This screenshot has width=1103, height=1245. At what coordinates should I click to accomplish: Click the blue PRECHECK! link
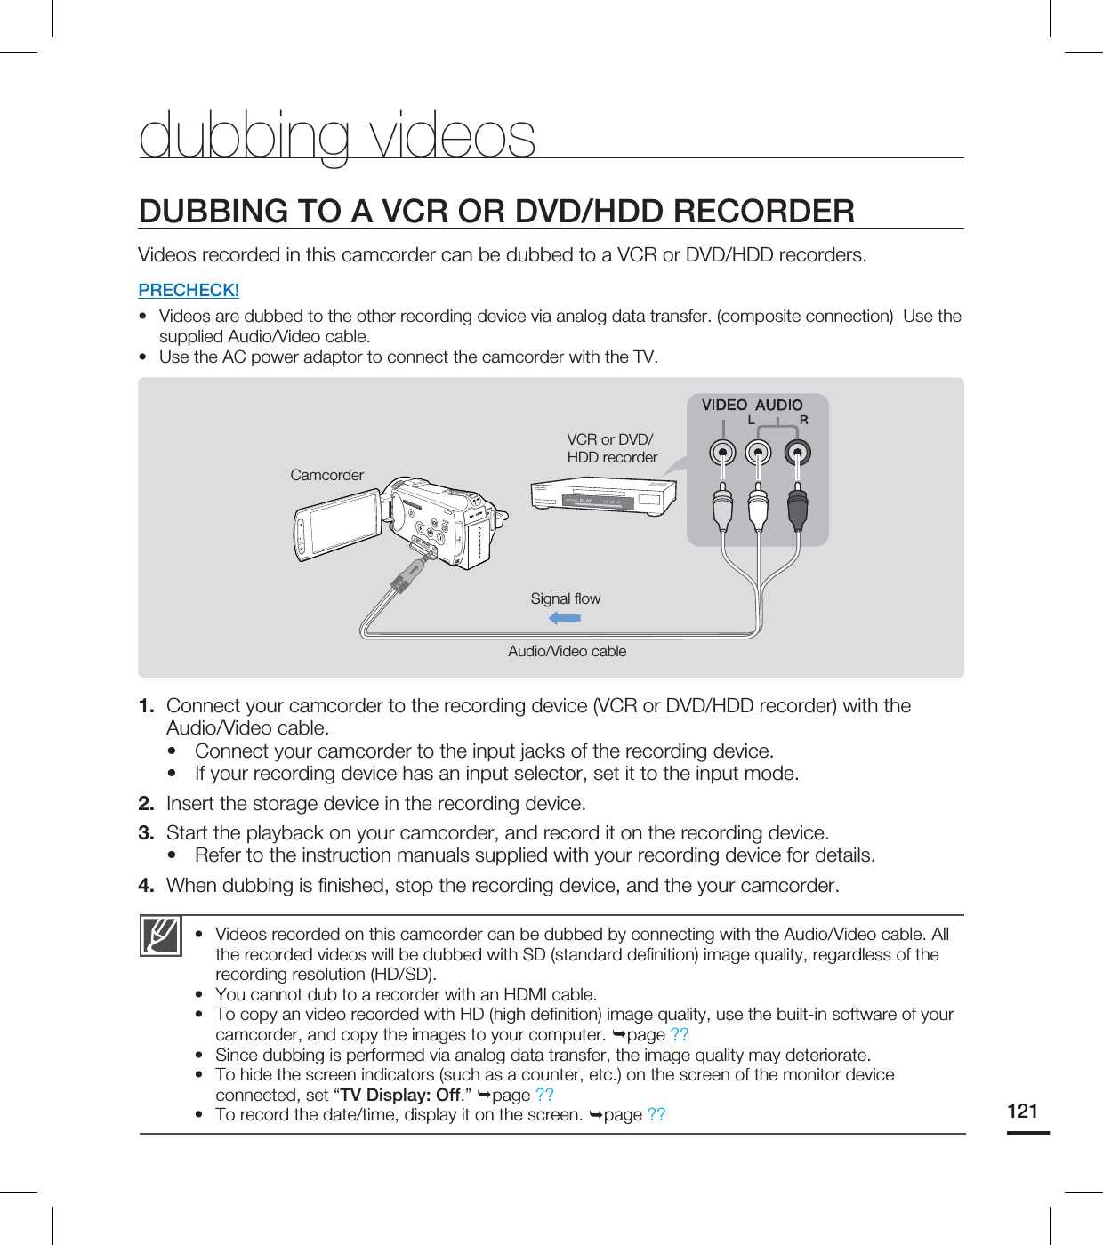[x=189, y=290]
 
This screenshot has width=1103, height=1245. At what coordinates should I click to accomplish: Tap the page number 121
[x=1023, y=1111]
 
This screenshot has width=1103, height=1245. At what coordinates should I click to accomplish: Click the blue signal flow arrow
[x=565, y=617]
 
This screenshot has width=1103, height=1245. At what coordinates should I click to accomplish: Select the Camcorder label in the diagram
[x=326, y=475]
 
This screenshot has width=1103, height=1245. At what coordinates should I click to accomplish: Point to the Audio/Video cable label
[x=567, y=651]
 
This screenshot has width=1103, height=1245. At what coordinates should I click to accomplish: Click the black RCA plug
[x=798, y=509]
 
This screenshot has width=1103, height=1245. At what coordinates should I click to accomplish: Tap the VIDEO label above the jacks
[x=724, y=405]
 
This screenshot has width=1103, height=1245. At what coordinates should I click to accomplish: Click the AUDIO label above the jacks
[x=778, y=405]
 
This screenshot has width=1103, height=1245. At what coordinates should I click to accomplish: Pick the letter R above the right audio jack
[x=803, y=420]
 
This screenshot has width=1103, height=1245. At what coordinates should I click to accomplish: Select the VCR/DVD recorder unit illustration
[x=603, y=495]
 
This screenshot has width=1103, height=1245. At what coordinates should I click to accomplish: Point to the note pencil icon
[x=161, y=936]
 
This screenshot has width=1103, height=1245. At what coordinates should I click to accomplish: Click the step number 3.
[x=146, y=833]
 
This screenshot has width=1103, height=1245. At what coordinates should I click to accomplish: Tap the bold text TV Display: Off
[x=400, y=1095]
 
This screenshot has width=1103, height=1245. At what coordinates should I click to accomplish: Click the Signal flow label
[x=565, y=598]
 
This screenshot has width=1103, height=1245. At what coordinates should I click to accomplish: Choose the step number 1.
[x=146, y=706]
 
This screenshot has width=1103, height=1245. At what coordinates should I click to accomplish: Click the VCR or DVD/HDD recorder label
[x=612, y=448]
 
